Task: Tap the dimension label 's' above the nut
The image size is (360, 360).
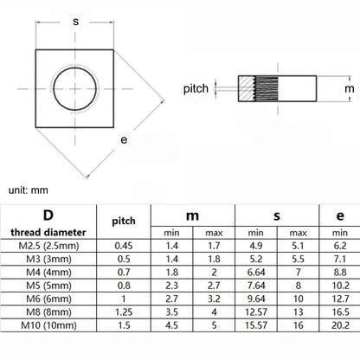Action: tap(76, 22)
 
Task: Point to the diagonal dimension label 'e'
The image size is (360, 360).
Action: tap(124, 140)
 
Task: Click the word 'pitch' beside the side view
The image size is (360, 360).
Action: tap(196, 88)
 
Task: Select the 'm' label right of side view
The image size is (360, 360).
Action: tap(350, 88)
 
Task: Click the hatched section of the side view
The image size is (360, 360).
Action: tap(246, 88)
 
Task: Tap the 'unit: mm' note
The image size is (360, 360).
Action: tap(29, 190)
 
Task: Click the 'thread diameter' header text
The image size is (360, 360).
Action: tap(48, 232)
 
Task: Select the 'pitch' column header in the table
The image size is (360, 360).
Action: tap(124, 222)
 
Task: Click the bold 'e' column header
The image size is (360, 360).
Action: tap(340, 215)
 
